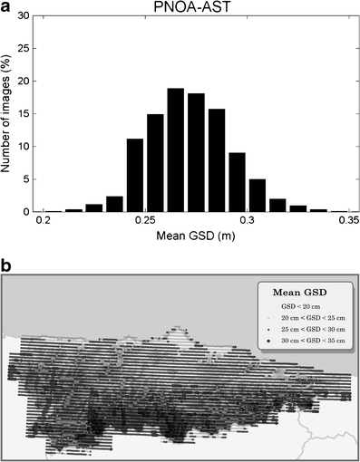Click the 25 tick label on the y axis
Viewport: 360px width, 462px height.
[24, 48]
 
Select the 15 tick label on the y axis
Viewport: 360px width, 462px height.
[24, 113]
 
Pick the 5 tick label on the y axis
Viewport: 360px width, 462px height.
[27, 178]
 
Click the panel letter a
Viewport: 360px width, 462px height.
[5, 5]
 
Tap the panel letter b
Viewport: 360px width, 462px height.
[6, 265]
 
